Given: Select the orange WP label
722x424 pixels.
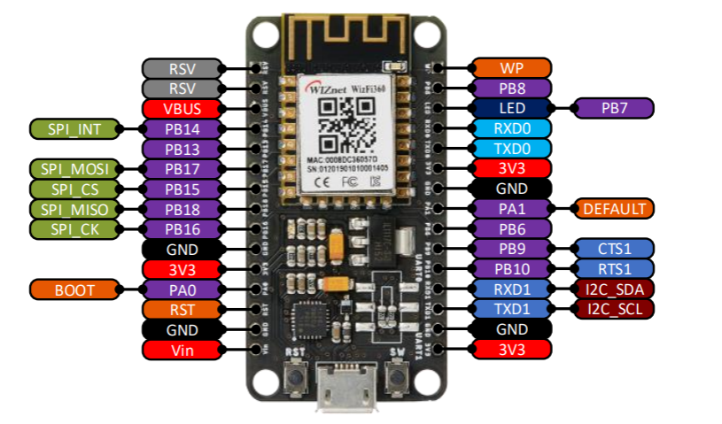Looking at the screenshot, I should [511, 68].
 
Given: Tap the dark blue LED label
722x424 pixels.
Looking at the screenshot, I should [511, 109].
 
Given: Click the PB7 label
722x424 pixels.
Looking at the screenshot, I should [614, 109].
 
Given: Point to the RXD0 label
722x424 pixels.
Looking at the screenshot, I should [511, 129].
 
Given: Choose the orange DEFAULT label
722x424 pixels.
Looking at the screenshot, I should [614, 209].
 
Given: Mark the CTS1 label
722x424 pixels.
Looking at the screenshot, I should [614, 249].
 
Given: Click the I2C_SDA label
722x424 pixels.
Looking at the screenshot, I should [614, 289].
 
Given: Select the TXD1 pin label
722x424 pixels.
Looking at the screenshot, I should [511, 309].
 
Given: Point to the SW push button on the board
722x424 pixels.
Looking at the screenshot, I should [396, 381].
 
